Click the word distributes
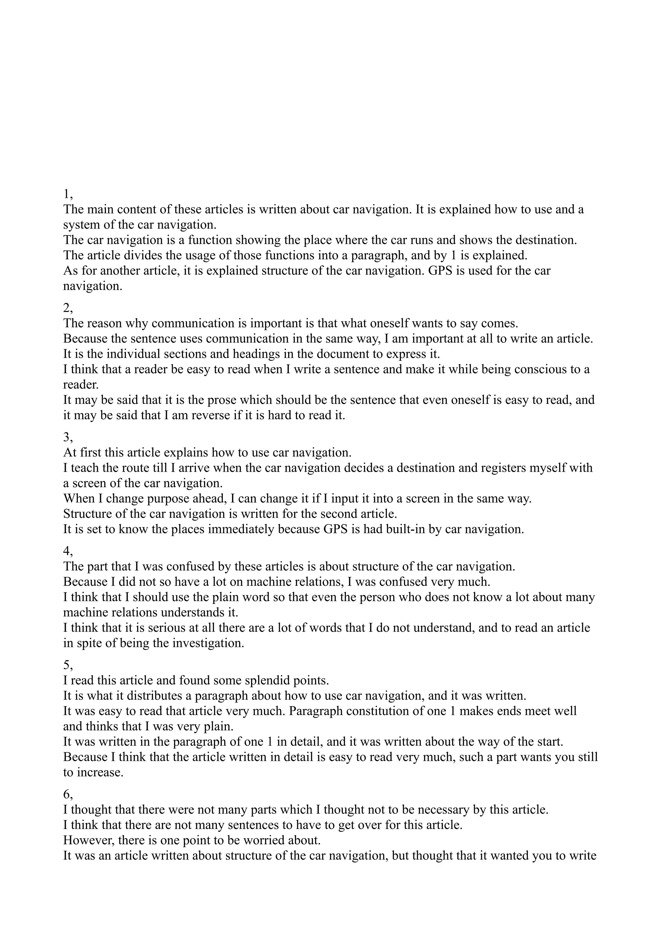coord(156,696)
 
